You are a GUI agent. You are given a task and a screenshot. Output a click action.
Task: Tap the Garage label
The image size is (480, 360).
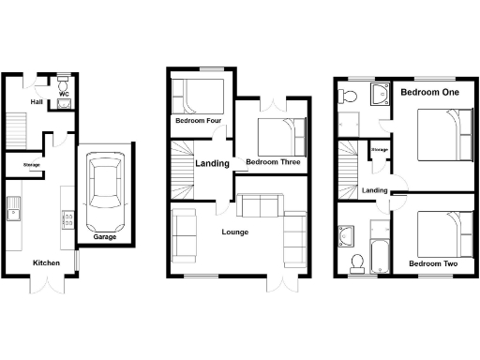tap(105, 237)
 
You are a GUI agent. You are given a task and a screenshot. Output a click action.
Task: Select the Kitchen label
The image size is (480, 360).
tap(47, 263)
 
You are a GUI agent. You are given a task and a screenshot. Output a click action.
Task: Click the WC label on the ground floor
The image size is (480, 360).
tap(64, 94)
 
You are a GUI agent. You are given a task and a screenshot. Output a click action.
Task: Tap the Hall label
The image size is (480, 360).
tap(37, 102)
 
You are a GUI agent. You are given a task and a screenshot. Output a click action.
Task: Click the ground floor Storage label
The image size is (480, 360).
tap(32, 166)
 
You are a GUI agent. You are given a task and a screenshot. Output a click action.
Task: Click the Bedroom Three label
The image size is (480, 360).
tap(272, 162)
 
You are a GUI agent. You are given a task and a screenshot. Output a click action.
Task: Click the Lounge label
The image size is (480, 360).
tap(234, 232)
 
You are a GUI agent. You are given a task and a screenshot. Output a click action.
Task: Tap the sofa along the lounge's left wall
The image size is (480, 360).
tap(184, 235)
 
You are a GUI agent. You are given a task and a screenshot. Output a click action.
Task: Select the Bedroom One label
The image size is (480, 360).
tap(429, 93)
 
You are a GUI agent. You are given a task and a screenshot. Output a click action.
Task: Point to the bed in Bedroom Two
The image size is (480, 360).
tap(441, 233)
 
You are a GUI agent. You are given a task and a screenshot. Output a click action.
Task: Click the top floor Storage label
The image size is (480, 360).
tap(380, 149)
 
